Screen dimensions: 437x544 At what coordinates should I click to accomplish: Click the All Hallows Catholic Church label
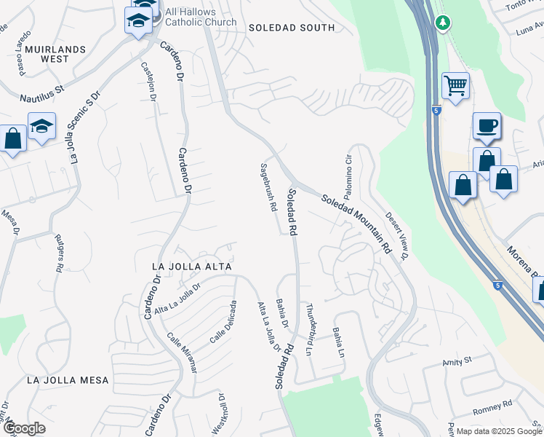(201, 16)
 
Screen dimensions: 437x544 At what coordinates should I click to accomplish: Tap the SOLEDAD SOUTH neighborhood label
(291, 28)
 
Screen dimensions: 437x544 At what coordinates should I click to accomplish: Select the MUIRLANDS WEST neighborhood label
(55, 54)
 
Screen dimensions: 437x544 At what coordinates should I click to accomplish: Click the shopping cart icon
(455, 86)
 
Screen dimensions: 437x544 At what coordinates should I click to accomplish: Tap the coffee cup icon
(487, 126)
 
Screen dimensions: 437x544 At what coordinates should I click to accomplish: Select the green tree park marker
(442, 23)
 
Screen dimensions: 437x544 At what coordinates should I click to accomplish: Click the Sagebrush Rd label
(267, 187)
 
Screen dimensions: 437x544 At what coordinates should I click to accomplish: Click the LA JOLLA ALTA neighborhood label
(191, 267)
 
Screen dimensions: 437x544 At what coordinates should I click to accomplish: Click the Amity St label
(457, 361)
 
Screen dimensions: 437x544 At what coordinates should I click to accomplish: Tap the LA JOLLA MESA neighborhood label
(68, 380)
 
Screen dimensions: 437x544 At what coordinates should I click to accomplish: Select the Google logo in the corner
(24, 428)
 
